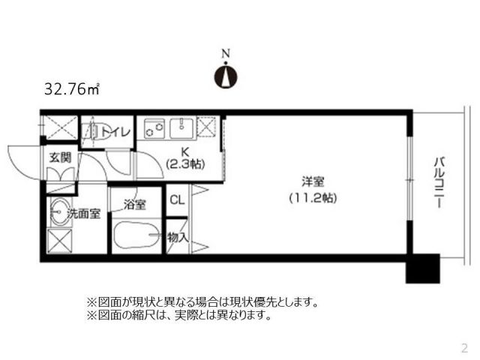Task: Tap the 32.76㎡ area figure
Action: [72, 89]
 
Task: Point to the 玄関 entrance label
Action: [60, 158]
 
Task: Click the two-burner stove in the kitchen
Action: [155, 128]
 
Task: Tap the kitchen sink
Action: [182, 128]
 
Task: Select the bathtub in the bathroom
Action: [136, 238]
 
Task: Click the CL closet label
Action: [177, 199]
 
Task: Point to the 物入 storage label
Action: [177, 238]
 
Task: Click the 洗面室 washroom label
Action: [84, 214]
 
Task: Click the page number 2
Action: [464, 347]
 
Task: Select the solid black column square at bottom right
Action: [422, 268]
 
